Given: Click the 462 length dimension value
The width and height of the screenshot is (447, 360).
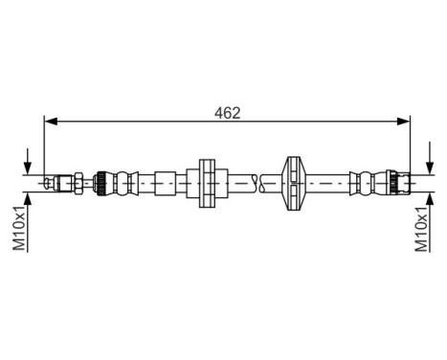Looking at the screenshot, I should [x=227, y=112].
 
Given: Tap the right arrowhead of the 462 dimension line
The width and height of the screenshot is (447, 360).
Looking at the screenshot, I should [x=404, y=122].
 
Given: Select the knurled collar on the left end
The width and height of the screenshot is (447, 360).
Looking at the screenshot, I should [x=100, y=181].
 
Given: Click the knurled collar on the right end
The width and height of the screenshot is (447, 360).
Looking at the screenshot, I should [x=390, y=181].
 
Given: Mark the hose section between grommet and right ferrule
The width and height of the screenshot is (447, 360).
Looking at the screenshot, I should [x=330, y=181].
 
